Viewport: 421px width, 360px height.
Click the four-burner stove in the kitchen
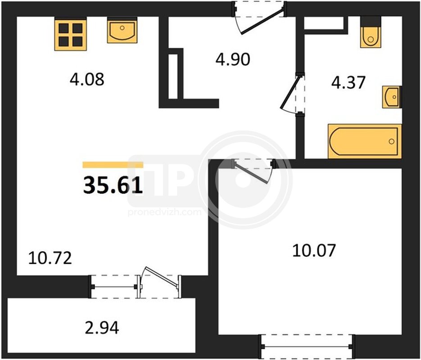71,34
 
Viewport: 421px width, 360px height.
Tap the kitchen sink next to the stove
122,30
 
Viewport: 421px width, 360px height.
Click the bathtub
365,141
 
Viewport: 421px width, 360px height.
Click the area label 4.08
87,79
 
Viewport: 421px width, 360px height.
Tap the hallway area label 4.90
233,59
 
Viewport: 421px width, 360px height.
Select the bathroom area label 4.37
348,82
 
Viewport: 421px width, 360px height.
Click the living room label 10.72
50,258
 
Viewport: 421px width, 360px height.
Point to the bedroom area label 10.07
314,250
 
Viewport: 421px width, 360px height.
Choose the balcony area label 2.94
102,328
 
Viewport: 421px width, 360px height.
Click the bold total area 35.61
113,185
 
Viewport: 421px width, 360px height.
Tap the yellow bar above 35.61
113,165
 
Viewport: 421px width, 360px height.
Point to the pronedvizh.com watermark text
165,212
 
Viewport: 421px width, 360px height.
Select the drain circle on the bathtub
391,141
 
